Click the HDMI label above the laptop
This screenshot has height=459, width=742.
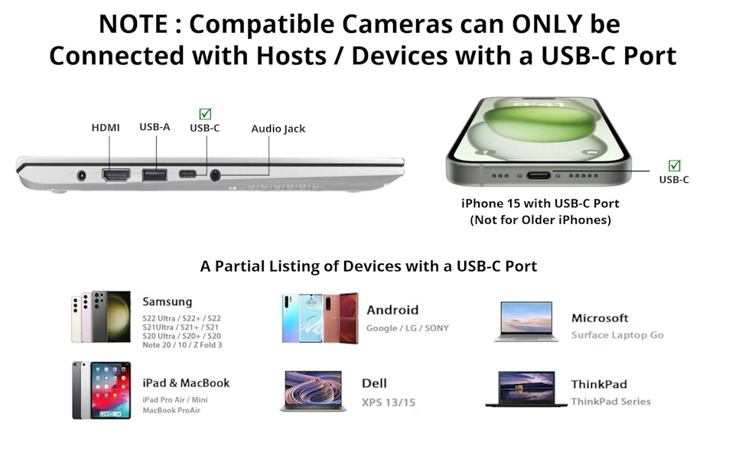tap(106, 128)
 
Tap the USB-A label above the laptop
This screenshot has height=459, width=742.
tap(155, 127)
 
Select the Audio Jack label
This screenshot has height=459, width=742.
tap(278, 129)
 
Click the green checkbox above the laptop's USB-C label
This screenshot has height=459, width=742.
tap(205, 114)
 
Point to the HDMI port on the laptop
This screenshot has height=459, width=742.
tap(116, 174)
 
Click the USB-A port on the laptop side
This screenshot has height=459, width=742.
tap(155, 174)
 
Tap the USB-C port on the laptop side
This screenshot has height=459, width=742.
tap(187, 174)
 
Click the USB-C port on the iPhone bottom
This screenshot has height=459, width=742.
tap(539, 175)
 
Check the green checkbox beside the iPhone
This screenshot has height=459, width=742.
tap(674, 165)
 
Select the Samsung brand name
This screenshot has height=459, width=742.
tap(168, 301)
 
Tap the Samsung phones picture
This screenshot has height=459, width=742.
tap(101, 317)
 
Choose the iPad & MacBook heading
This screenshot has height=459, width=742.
tap(186, 383)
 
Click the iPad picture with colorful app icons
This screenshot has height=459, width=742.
tap(101, 390)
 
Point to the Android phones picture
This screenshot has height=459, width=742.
tap(319, 317)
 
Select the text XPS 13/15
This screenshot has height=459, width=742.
tap(389, 402)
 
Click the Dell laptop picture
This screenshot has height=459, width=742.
tap(313, 391)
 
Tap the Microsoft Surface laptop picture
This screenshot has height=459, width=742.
tap(526, 321)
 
